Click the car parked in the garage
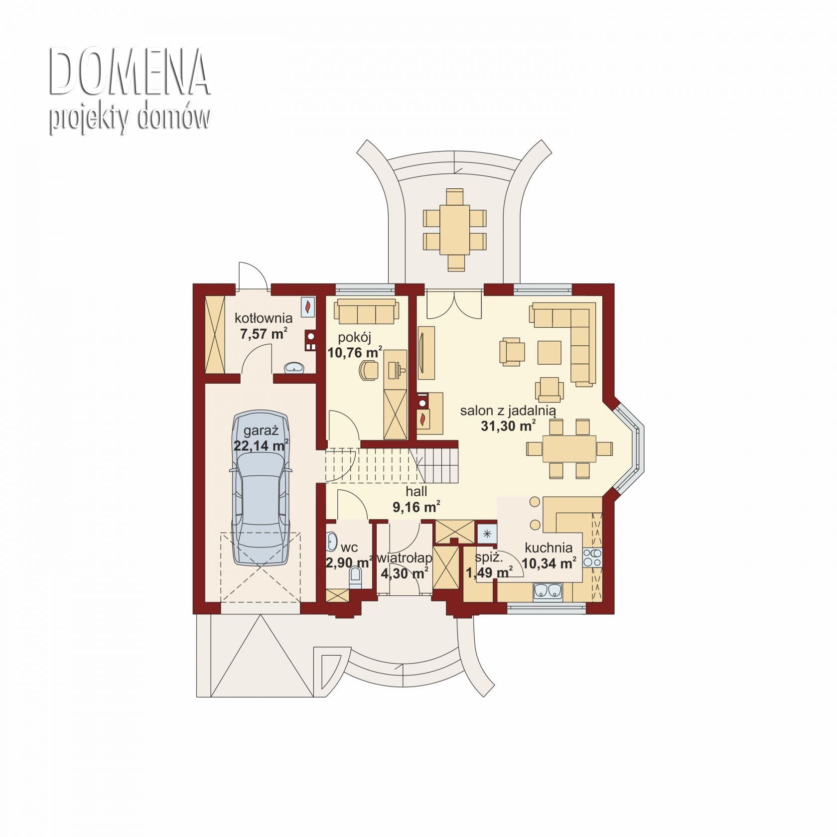[260, 488]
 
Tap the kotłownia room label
[264, 318]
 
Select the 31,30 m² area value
[508, 426]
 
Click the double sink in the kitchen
[548, 591]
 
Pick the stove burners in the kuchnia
[592, 557]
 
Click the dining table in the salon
[569, 449]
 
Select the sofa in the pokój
[367, 311]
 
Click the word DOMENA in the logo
[130, 73]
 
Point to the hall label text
[416, 492]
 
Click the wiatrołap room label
[405, 558]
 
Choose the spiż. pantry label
[489, 558]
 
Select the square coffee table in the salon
[550, 352]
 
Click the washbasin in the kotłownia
[294, 368]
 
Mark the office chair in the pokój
[369, 371]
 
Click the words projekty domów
[130, 118]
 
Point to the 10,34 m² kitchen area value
[549, 564]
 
